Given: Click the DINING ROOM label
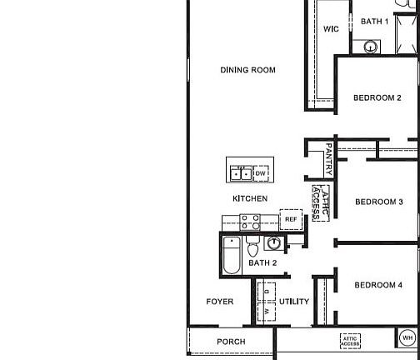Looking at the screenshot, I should click(247, 70).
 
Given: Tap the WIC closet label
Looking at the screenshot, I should click(331, 29).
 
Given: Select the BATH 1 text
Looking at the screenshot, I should click(374, 22).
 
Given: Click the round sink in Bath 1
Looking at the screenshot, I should click(372, 47).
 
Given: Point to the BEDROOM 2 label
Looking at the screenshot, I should click(377, 98).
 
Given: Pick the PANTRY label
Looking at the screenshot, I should click(328, 157).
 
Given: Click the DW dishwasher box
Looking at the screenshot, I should click(261, 173).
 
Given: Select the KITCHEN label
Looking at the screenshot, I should click(250, 198).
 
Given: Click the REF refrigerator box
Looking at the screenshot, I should click(291, 219).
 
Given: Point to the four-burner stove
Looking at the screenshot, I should click(250, 222).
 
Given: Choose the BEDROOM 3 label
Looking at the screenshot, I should click(379, 202).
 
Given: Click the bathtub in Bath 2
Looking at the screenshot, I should click(232, 256).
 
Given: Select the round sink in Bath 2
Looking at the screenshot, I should click(274, 243).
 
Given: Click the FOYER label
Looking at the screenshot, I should click(220, 302).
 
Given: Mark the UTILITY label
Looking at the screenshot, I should click(294, 302).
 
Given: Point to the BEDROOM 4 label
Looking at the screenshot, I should click(379, 285).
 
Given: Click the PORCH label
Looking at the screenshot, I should click(231, 342).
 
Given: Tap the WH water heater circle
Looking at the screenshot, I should click(407, 338).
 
